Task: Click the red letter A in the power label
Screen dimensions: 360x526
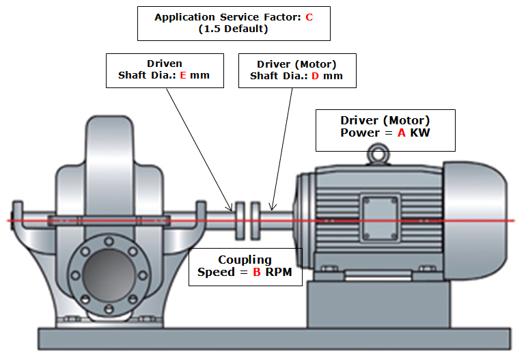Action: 402,133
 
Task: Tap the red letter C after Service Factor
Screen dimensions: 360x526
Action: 309,17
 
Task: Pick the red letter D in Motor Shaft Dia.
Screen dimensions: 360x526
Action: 315,76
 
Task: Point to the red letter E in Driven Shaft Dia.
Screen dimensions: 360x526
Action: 183,76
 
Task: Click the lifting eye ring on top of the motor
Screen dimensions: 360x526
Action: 374,151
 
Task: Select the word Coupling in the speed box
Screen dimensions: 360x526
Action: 245,260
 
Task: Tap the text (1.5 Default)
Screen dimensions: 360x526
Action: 234,29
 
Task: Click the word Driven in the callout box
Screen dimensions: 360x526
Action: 165,64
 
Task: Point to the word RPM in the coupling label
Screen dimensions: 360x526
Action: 279,272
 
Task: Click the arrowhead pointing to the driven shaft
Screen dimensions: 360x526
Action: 230,206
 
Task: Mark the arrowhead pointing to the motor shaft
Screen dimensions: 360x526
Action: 273,207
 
